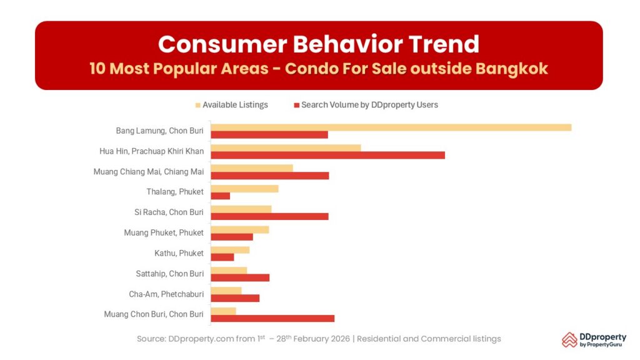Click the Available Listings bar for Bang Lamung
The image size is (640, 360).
[x=391, y=127]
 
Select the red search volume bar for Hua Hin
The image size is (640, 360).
[x=327, y=155]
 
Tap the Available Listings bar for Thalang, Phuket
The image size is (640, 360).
[x=244, y=189]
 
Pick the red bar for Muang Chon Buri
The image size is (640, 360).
[x=272, y=318]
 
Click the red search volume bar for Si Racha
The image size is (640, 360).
[x=269, y=216]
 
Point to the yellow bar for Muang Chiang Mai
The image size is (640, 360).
[x=252, y=168]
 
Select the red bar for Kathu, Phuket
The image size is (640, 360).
[x=222, y=257]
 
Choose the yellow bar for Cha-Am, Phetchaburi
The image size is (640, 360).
[x=226, y=291]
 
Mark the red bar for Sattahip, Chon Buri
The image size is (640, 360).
[x=240, y=277]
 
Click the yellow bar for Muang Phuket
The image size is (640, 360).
[x=240, y=229]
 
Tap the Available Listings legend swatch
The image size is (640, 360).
[x=199, y=105]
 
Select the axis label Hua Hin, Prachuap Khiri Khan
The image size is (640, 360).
[x=151, y=151]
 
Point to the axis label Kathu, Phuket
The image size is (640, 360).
[x=179, y=253]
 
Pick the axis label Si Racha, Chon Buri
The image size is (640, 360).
[x=169, y=212]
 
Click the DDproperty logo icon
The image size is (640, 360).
[x=569, y=339]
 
